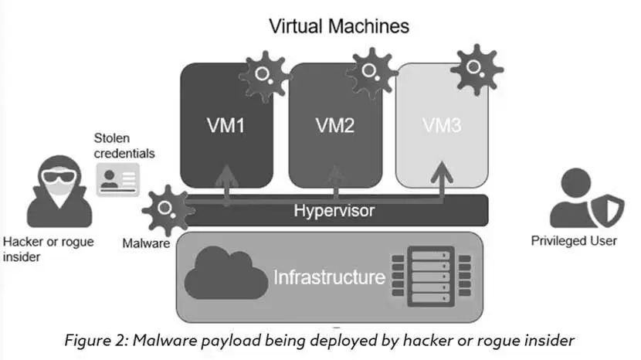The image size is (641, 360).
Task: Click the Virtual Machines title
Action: [339, 25]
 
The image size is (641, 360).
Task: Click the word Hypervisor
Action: [334, 210]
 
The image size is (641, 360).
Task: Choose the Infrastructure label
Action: [329, 276]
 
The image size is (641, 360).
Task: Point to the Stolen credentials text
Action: [124, 145]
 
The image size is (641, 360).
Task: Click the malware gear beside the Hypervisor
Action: [166, 210]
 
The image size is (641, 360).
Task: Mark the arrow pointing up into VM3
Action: [441, 182]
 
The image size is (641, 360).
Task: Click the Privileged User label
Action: [574, 241]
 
